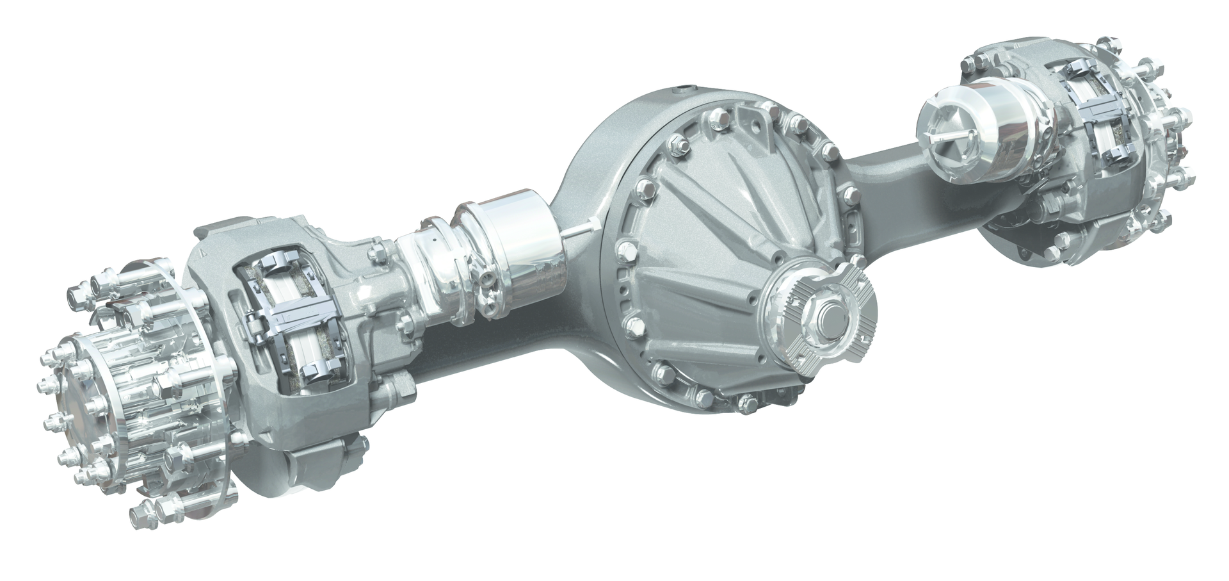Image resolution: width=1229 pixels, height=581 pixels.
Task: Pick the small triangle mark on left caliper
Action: tap(203, 253)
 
